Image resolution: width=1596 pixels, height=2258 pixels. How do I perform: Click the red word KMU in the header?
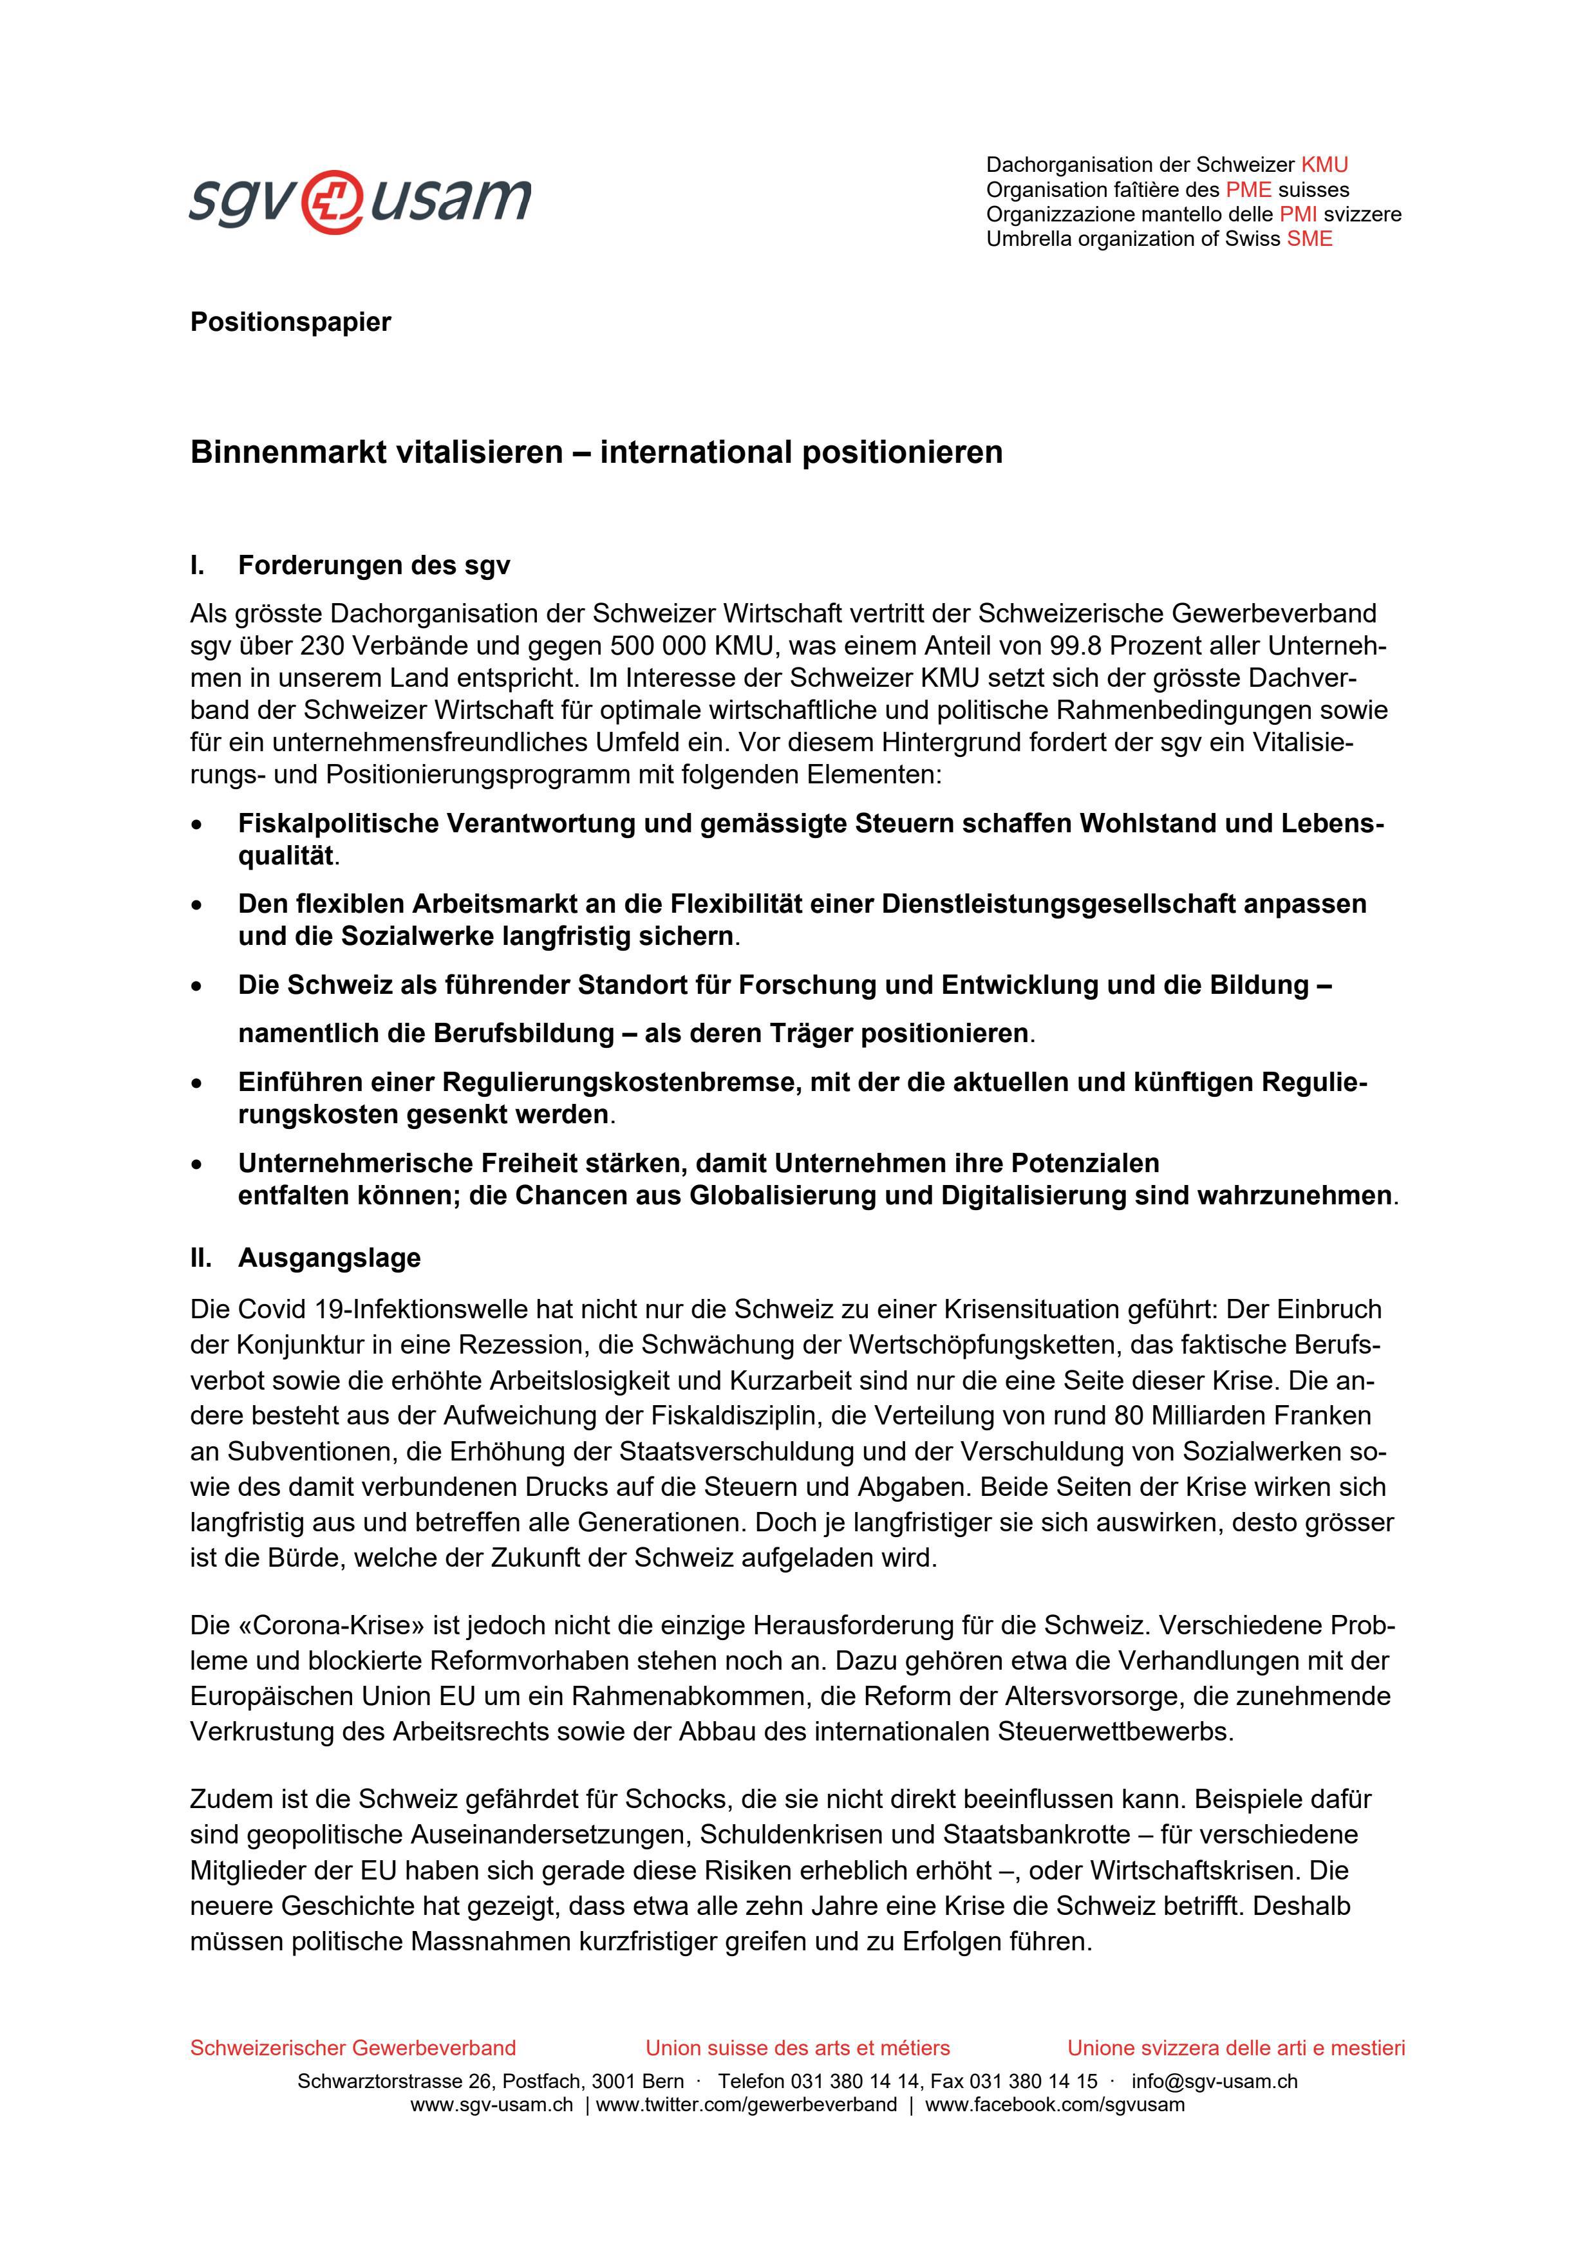coord(1324,165)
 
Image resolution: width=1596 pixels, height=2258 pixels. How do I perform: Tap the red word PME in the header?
coord(1248,190)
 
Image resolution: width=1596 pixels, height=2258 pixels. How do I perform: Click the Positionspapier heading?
coord(290,322)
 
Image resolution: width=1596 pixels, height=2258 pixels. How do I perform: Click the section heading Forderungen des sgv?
coord(373,566)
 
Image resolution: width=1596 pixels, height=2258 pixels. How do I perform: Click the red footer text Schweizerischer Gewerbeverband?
coord(352,2048)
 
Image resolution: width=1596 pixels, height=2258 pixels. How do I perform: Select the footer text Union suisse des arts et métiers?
coord(798,2048)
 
